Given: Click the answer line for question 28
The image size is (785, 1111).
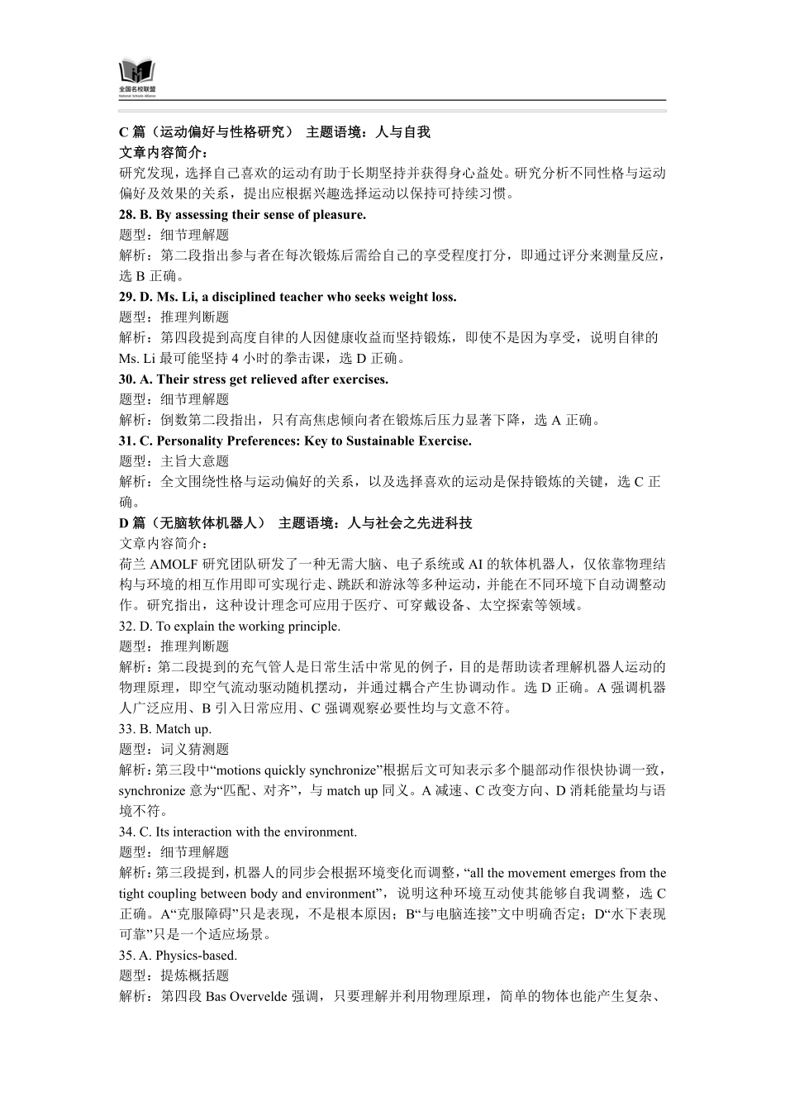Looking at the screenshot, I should point(242,215).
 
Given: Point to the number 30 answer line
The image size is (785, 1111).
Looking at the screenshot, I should point(254,379).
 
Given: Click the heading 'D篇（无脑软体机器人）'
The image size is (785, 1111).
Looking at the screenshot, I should point(193,523).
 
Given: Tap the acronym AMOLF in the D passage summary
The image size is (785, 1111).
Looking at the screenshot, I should point(169,565).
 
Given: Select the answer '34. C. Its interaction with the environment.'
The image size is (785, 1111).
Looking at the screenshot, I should point(238,832).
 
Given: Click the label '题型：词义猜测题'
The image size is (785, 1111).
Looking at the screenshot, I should point(174,750).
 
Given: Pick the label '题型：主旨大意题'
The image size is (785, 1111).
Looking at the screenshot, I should point(174,461).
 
